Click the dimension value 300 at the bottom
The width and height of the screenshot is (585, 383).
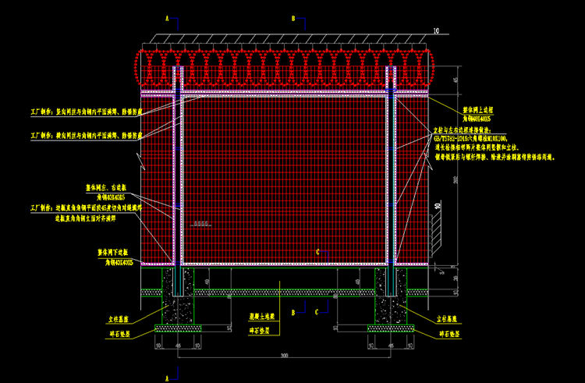[x=285, y=355]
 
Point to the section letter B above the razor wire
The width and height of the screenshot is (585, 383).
[x=292, y=16]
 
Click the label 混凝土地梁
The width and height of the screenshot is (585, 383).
[x=261, y=318]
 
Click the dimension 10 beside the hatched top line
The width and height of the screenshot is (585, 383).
[x=436, y=31]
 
